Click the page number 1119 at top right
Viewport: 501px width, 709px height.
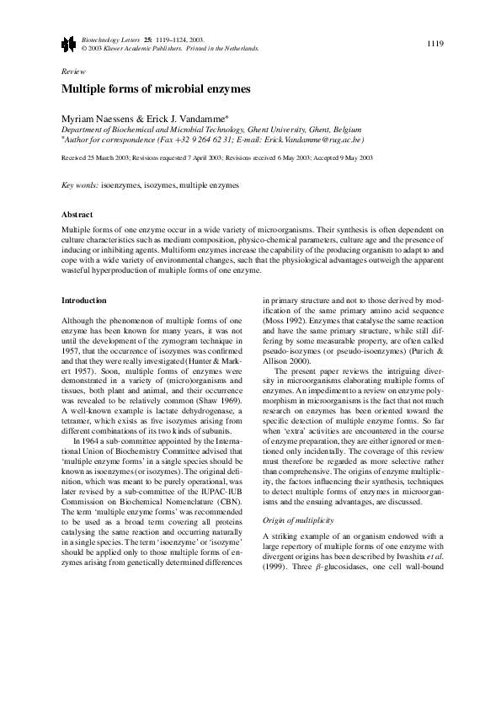(435, 42)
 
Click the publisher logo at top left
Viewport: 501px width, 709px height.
(68, 43)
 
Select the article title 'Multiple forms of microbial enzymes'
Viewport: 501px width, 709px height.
(156, 88)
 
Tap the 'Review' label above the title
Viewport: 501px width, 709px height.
(74, 72)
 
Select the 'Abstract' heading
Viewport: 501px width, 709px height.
(78, 215)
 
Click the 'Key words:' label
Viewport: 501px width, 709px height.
(81, 184)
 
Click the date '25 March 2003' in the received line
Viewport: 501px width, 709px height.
(110, 157)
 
